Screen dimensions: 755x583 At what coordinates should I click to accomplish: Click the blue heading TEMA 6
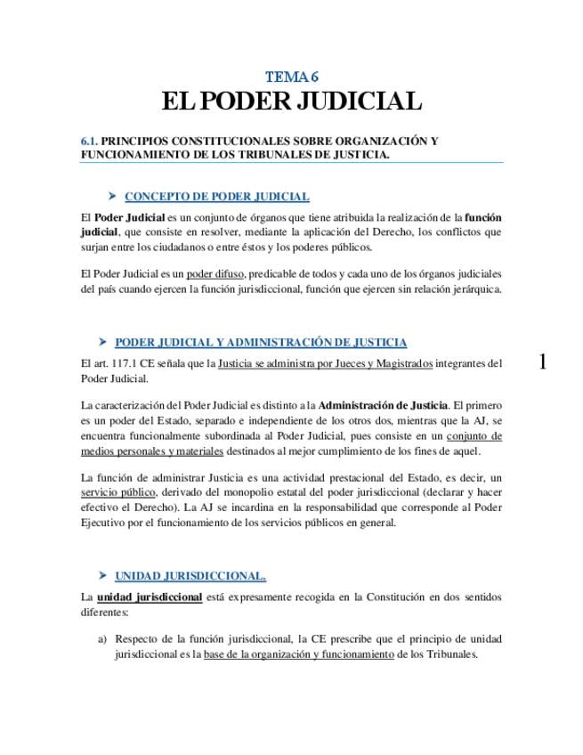292,77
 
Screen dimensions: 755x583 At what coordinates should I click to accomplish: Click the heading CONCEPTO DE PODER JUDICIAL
216,196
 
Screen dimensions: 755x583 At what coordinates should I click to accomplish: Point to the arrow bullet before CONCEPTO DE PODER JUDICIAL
111,196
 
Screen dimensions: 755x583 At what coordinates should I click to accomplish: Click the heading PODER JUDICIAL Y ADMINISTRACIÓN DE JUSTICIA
261,342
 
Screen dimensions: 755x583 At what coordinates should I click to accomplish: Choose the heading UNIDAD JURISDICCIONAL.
190,575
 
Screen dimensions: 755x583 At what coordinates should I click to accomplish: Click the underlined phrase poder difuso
216,273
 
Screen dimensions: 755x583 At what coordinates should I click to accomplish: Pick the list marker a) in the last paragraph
102,638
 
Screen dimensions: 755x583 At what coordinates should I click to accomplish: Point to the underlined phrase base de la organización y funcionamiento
298,654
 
